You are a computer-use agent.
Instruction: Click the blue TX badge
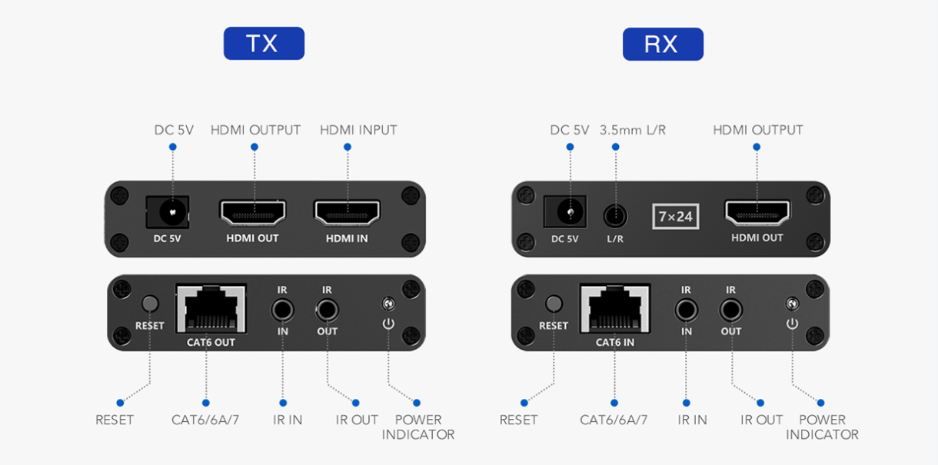point(264,44)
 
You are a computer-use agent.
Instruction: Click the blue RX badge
point(663,44)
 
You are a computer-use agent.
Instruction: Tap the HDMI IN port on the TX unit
point(346,212)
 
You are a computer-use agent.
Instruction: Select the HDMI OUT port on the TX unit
point(253,212)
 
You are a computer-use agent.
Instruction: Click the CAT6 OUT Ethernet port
point(211,309)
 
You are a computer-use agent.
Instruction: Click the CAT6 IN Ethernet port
point(614,309)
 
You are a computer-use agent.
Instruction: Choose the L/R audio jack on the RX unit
point(614,214)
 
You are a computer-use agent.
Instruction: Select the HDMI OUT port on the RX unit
point(757,212)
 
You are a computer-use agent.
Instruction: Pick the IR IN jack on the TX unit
point(282,311)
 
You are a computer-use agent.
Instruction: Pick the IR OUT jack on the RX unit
point(730,311)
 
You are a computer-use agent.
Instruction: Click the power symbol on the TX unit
point(388,324)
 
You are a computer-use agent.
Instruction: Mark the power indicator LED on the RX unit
point(792,304)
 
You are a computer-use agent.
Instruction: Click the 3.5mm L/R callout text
point(633,130)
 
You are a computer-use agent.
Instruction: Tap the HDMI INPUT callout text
point(358,130)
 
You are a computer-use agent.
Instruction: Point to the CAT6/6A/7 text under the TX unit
point(205,420)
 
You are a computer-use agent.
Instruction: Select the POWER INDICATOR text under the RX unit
point(822,427)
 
